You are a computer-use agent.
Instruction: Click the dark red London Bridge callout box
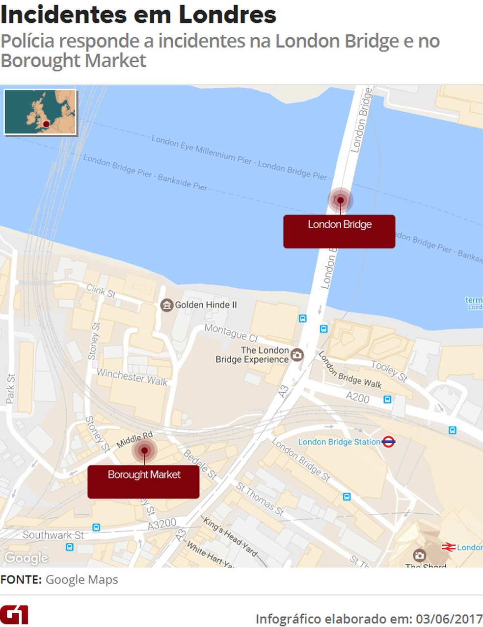click(x=339, y=231)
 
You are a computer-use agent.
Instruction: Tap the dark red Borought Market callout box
click(x=143, y=481)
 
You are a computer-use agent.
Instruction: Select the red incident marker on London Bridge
click(x=340, y=200)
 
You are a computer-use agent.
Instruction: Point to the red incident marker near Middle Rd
click(x=144, y=450)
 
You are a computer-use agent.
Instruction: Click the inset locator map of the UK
click(x=40, y=112)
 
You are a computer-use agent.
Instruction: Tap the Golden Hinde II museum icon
click(x=167, y=305)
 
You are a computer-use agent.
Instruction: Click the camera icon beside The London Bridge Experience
click(x=297, y=354)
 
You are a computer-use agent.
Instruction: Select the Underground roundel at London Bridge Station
click(x=388, y=442)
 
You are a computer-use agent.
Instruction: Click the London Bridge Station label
click(x=339, y=442)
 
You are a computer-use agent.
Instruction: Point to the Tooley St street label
click(x=389, y=371)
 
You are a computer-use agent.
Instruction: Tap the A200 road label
click(x=357, y=398)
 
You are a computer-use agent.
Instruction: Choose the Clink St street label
click(x=101, y=291)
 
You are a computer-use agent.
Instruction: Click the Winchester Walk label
click(x=132, y=377)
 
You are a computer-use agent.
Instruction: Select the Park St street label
click(x=10, y=389)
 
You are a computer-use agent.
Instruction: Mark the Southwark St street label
click(x=53, y=535)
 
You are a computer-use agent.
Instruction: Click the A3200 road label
click(x=162, y=524)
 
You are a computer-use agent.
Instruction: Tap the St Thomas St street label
click(x=260, y=499)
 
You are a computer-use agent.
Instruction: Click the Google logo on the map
click(x=27, y=558)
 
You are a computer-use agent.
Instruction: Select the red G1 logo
click(x=14, y=615)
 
